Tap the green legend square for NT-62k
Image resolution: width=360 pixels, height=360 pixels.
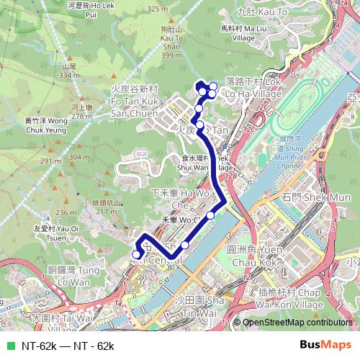point(9,346)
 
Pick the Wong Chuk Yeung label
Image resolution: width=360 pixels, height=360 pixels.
point(45,126)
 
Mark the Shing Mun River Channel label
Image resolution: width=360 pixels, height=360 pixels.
point(291,150)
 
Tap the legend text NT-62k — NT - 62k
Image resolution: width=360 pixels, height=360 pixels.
point(68,346)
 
